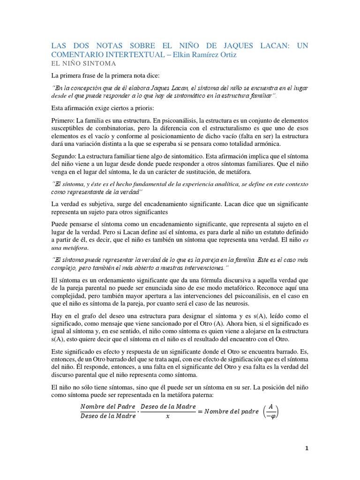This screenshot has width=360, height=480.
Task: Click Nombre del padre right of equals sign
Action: point(232,412)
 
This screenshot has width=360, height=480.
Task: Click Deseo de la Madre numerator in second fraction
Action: point(167,406)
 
